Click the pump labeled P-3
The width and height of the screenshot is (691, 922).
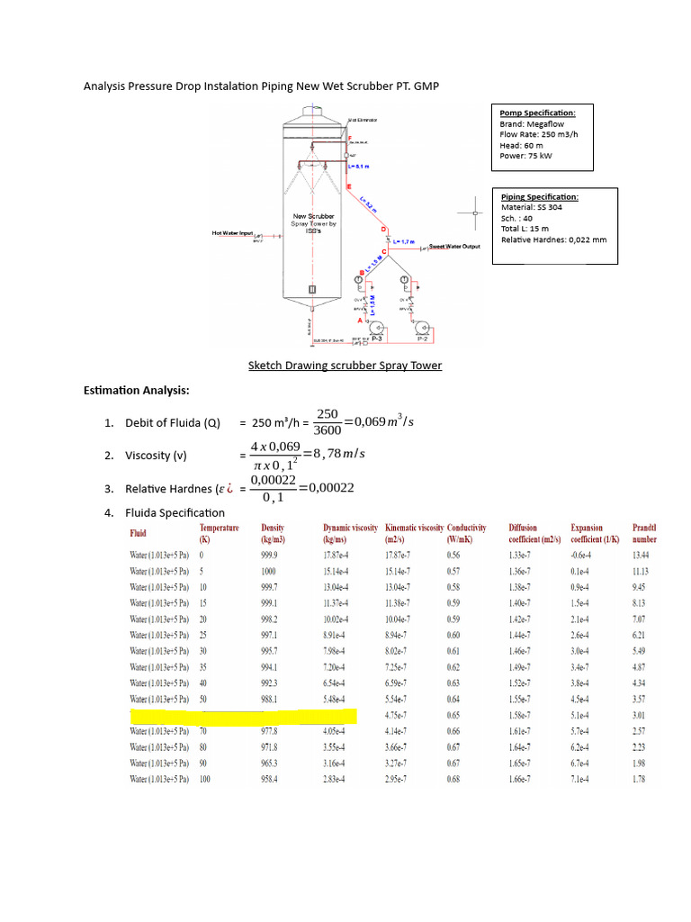pyautogui.click(x=378, y=327)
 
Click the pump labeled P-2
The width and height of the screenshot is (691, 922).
pyautogui.click(x=421, y=327)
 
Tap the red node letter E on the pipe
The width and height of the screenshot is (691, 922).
pyautogui.click(x=349, y=186)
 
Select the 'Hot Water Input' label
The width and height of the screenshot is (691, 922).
pyautogui.click(x=233, y=232)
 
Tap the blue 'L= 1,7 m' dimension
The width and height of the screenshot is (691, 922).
pyautogui.click(x=403, y=241)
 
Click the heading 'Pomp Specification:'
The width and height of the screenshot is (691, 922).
pyautogui.click(x=538, y=113)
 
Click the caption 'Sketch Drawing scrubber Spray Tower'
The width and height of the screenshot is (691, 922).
pyautogui.click(x=345, y=366)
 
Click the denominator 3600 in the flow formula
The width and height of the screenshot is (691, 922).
pyautogui.click(x=328, y=430)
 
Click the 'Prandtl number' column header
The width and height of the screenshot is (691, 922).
pyautogui.click(x=645, y=533)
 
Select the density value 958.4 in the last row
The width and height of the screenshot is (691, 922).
pyautogui.click(x=270, y=780)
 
